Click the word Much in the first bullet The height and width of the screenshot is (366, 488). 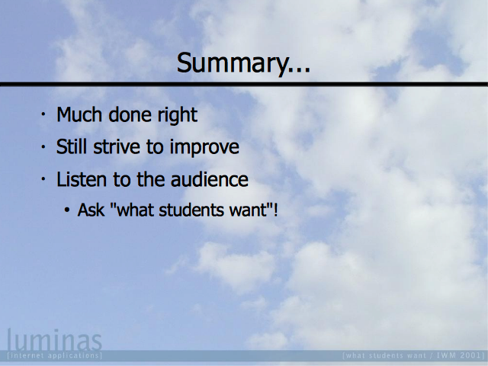click(x=79, y=114)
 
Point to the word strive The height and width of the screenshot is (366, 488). click(x=117, y=146)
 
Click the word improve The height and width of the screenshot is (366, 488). click(x=204, y=147)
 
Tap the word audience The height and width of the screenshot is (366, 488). click(x=210, y=179)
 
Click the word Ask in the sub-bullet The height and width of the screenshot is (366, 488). click(x=91, y=210)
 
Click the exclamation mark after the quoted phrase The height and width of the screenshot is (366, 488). click(x=275, y=210)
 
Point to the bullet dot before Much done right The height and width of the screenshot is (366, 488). click(x=43, y=114)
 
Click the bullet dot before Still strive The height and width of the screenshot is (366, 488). click(x=43, y=146)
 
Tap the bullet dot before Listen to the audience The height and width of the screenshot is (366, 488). click(x=43, y=179)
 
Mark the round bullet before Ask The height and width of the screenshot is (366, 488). click(x=67, y=210)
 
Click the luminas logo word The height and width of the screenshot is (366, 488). click(x=54, y=340)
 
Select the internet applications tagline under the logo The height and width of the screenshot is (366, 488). click(x=54, y=355)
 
